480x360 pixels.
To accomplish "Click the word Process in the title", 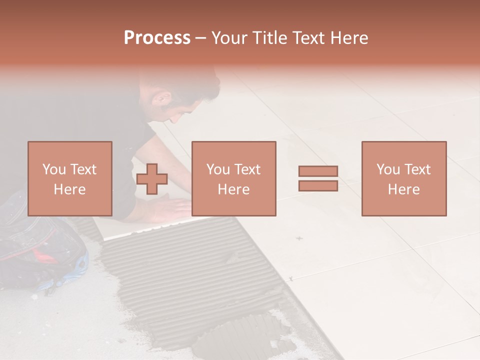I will (157, 38).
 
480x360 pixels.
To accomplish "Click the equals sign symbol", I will (318, 178).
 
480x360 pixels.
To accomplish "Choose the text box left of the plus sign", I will (69, 178).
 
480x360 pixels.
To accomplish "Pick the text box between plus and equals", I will (233, 178).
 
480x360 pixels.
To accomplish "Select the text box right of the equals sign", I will (403, 178).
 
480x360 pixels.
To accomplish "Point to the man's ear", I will (162, 98).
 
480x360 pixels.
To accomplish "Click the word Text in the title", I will (307, 38).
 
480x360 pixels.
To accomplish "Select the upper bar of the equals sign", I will (318, 171).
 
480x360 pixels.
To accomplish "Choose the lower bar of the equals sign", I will (318, 185).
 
